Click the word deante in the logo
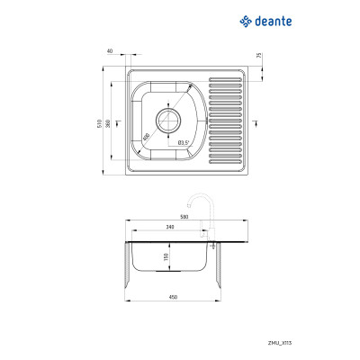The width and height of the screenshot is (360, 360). tap(275, 19)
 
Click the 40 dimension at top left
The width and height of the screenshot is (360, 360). tap(110, 51)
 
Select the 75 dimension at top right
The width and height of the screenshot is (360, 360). tap(258, 56)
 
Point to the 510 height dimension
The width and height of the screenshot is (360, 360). tap(99, 122)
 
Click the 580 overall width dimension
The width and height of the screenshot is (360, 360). tap(184, 217)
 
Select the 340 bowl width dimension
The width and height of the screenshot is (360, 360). tap(170, 228)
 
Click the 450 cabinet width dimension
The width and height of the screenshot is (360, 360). tap(171, 298)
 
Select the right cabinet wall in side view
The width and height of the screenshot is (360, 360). tap(220, 270)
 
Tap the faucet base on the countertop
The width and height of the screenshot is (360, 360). tap(210, 238)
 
